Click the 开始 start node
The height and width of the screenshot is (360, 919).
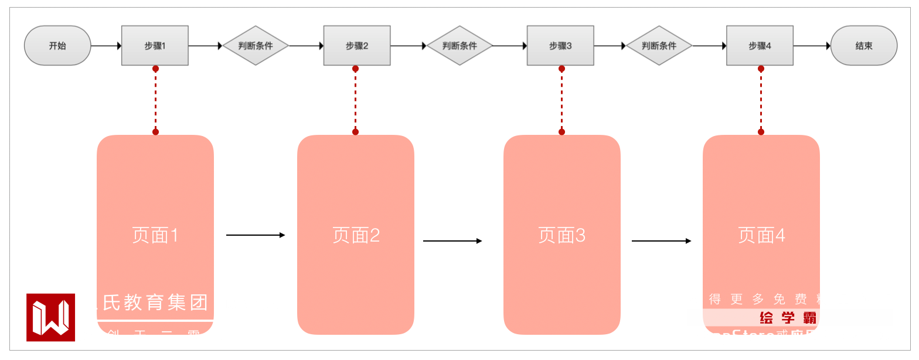[x=57, y=45]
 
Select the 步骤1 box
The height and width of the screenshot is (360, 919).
[x=155, y=45]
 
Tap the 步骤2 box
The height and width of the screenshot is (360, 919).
[x=357, y=45]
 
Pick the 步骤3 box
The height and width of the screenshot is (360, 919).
[x=560, y=45]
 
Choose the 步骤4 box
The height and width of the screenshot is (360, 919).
[x=760, y=45]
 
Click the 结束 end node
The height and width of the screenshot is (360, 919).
[x=864, y=45]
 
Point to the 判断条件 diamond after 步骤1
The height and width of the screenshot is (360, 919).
[x=256, y=45]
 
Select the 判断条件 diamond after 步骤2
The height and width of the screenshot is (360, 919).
[x=459, y=45]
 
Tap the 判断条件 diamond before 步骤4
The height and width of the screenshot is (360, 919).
[x=659, y=45]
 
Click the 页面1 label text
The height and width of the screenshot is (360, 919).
[x=155, y=235]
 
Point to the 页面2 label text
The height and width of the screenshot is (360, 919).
[x=356, y=235]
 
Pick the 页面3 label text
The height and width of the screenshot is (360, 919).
[x=561, y=235]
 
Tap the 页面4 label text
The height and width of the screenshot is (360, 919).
[x=761, y=235]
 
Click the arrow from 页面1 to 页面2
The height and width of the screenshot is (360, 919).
[x=255, y=235]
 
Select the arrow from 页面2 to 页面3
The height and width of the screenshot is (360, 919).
[x=452, y=241]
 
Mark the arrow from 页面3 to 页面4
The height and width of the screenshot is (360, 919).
[x=661, y=241]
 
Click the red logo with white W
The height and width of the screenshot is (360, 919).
[x=50, y=317]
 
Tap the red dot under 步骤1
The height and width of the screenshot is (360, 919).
[x=155, y=69]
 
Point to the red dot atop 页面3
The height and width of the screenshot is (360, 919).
[x=561, y=132]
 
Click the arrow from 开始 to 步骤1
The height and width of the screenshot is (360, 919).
[x=106, y=45]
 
